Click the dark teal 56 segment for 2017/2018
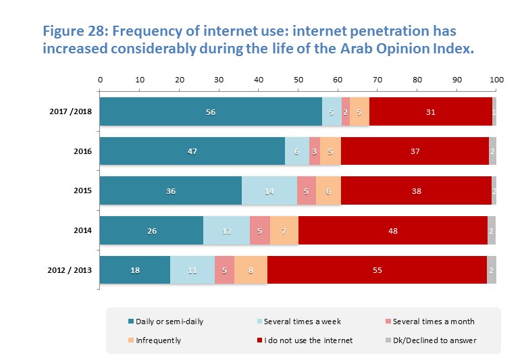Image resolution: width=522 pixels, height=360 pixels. click(211, 111)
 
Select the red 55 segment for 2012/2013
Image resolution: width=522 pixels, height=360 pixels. click(377, 270)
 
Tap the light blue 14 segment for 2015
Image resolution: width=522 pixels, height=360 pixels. click(269, 191)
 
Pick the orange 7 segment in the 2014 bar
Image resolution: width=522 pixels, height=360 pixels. click(284, 231)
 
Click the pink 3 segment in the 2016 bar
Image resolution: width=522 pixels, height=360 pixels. click(315, 151)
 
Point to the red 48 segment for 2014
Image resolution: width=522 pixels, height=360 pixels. click(392, 231)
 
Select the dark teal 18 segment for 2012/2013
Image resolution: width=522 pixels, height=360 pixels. click(135, 270)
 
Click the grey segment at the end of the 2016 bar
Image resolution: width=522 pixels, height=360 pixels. click(492, 151)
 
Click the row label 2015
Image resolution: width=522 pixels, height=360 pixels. click(82, 191)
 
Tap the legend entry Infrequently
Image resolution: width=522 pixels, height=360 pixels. click(157, 340)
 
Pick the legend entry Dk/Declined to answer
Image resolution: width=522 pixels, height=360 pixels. click(438, 340)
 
